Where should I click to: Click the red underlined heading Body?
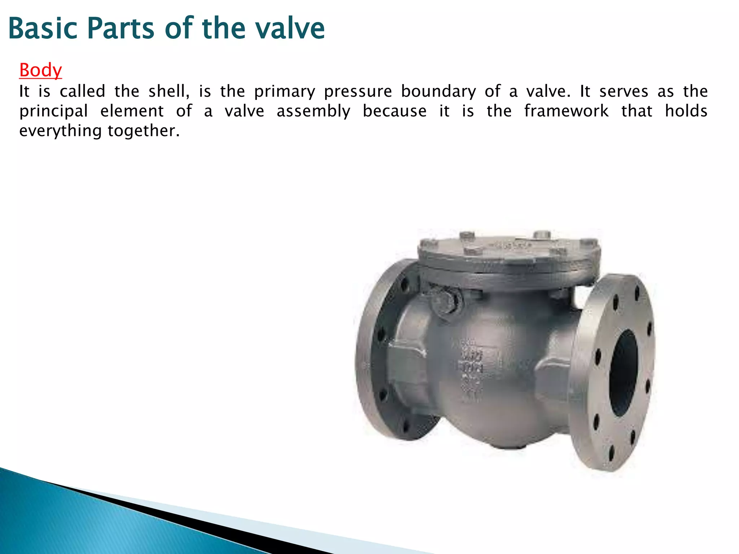coord(40,70)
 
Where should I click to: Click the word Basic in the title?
coord(43,28)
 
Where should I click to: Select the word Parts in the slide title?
coord(121,28)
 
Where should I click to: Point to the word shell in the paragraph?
coord(169,91)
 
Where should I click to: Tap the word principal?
coord(54,111)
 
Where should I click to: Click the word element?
coord(132,111)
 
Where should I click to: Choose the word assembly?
coord(313,111)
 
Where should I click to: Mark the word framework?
coord(566,111)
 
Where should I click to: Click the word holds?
coord(686,111)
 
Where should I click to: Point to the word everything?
coord(60,131)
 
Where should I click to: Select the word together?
coord(143,131)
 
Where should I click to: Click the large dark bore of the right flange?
coord(624,373)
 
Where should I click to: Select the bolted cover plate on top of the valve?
coord(509,252)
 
